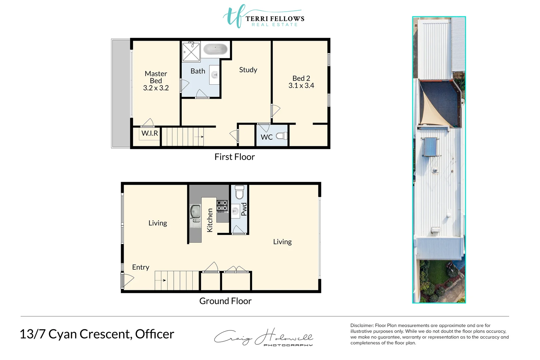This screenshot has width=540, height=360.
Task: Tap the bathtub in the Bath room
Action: point(215,49)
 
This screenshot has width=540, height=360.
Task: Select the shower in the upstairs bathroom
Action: point(191,52)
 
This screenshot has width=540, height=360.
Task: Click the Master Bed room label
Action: point(156,81)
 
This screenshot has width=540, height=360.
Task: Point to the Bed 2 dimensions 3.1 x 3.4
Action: point(301,86)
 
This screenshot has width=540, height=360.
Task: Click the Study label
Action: point(248,70)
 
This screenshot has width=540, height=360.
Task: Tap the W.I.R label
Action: point(150,133)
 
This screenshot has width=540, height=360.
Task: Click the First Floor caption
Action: point(234,157)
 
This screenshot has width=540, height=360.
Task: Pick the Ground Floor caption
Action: point(225,301)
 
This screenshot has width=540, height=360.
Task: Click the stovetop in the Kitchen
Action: point(222,205)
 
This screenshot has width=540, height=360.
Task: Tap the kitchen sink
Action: point(195,211)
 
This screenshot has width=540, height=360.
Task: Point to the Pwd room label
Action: point(244,209)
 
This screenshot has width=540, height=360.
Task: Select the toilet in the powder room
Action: point(240,192)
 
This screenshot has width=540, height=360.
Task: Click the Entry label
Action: point(140,267)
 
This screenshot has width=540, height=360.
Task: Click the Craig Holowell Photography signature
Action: point(263,337)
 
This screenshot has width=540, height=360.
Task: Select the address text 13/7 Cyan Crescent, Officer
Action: point(97,334)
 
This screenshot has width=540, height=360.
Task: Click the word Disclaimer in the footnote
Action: point(362,326)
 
